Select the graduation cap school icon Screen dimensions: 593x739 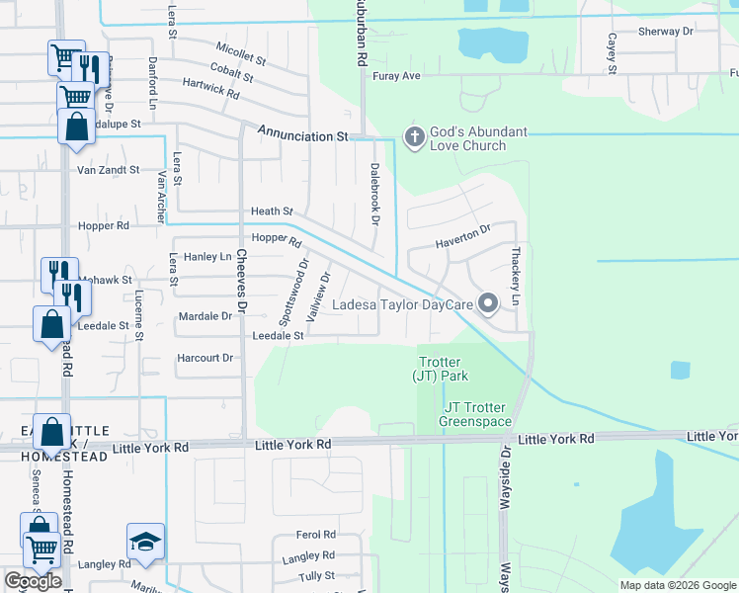pos(145,543)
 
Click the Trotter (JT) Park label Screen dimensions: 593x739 pos(440,369)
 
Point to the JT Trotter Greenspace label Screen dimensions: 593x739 pos(478,414)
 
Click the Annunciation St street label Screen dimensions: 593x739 pos(304,135)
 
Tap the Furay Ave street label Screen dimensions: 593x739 pos(396,75)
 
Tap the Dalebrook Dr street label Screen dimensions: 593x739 pos(375,193)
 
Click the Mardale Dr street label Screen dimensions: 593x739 pos(205,316)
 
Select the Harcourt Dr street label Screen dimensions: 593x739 pos(205,358)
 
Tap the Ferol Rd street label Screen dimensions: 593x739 pos(316,535)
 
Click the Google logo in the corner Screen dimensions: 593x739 pos(33,581)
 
